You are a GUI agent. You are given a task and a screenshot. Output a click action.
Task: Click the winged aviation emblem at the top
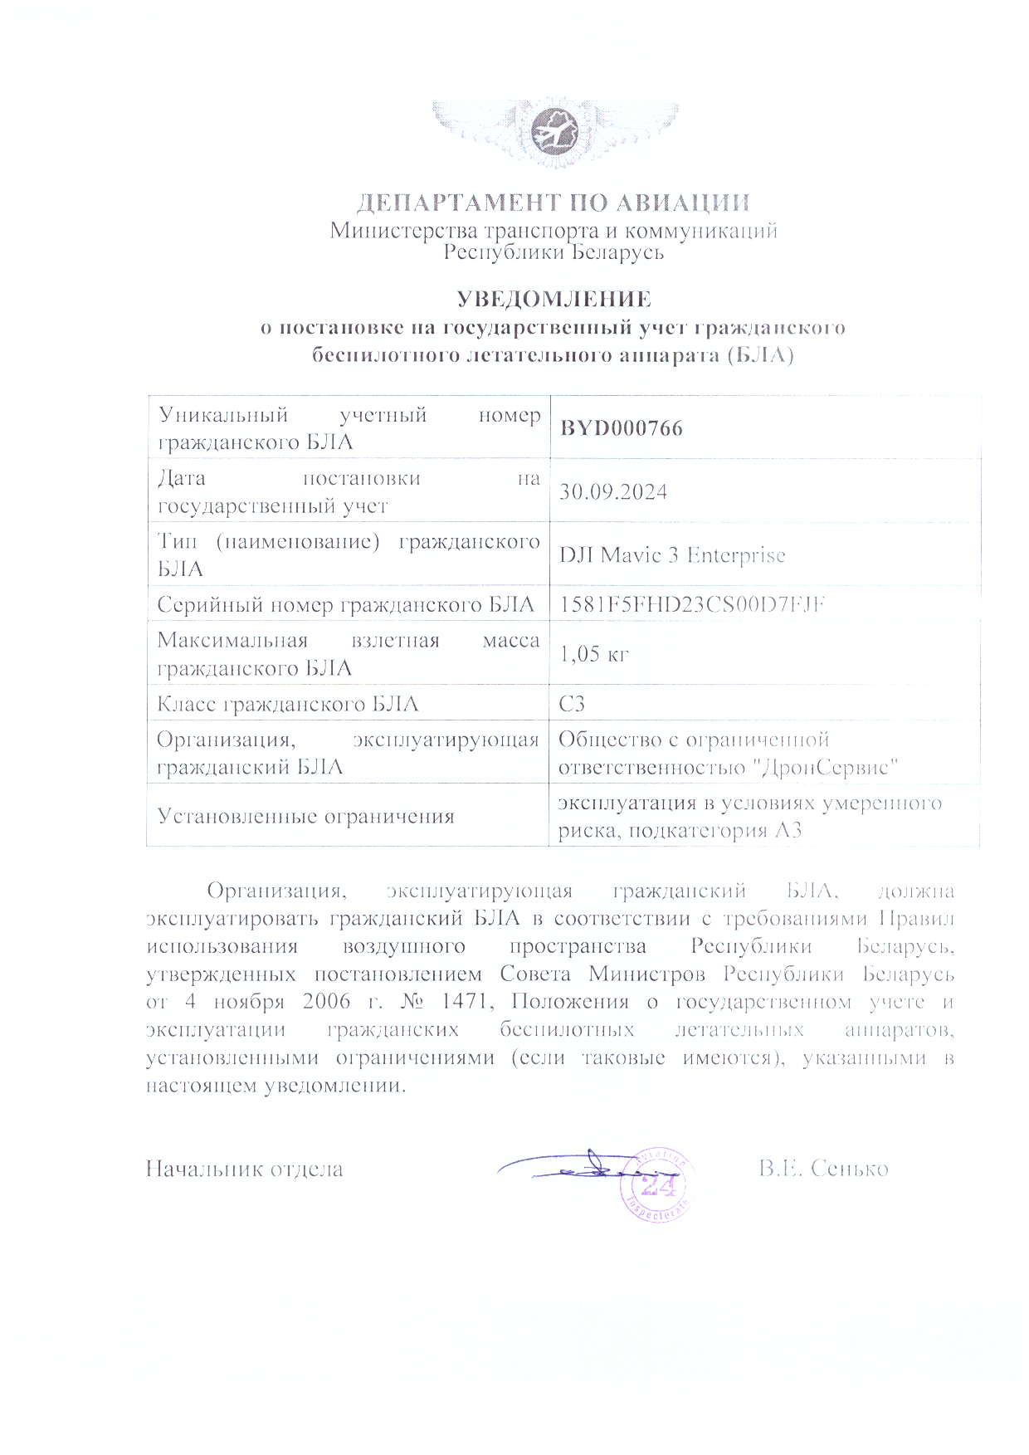(x=554, y=132)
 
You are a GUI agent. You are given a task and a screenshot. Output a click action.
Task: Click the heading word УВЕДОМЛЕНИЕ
(x=554, y=299)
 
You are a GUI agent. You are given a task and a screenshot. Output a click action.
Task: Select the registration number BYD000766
(x=622, y=428)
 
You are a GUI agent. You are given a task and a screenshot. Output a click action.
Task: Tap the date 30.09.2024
(x=613, y=492)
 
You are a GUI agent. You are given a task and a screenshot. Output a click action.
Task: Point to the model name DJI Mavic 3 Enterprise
(x=672, y=555)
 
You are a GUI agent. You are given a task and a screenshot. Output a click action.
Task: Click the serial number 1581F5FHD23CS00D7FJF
(x=692, y=604)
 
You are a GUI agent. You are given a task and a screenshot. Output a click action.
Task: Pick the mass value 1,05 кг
(x=594, y=654)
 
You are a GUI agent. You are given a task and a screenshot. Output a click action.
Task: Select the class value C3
(x=572, y=704)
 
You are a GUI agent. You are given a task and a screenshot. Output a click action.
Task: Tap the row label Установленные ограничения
(x=306, y=816)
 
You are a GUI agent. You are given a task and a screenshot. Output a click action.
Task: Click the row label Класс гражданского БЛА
(x=288, y=705)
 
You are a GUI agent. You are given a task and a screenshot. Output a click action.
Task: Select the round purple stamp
(x=657, y=1186)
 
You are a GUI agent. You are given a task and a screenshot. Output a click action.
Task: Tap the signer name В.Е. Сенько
(x=823, y=1169)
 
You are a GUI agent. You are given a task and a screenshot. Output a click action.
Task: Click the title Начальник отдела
(x=245, y=1169)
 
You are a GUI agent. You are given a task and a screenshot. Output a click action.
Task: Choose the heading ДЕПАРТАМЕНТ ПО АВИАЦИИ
(x=554, y=203)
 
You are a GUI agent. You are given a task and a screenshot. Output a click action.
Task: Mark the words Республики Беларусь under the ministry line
(x=554, y=252)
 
